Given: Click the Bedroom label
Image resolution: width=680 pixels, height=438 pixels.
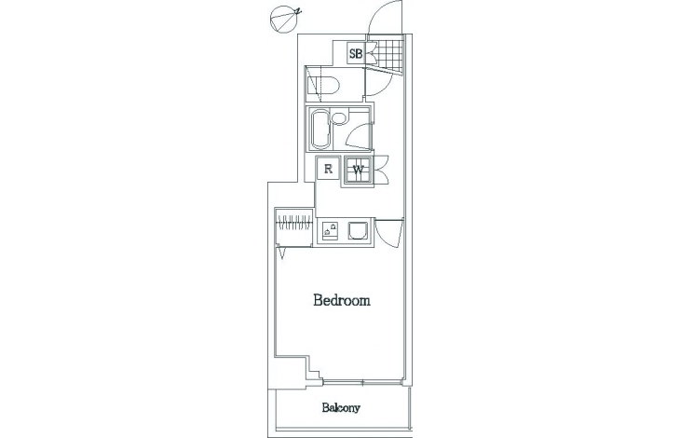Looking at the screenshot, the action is [x=342, y=300].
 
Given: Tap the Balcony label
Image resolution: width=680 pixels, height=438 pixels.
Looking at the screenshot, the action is [x=341, y=407].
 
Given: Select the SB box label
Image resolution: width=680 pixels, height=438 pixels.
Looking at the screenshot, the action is [x=356, y=54].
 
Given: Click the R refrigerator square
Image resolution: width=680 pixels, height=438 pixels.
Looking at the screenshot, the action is [x=328, y=169].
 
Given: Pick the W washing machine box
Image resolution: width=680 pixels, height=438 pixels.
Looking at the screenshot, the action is [x=359, y=170].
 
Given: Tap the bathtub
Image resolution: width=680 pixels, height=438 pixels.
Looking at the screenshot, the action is [x=320, y=129].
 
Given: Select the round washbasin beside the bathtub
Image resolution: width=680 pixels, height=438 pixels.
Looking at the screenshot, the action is [x=339, y=118].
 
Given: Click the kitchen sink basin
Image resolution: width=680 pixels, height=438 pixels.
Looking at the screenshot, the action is [x=359, y=230].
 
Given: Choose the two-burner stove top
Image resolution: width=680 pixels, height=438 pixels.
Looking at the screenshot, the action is [x=330, y=230].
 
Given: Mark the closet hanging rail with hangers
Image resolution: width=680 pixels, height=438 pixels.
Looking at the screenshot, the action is [x=294, y=224].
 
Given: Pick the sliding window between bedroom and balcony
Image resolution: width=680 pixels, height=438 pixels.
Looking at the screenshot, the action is [x=363, y=382].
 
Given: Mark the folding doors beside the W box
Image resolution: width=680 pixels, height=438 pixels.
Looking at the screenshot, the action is [x=381, y=170].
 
